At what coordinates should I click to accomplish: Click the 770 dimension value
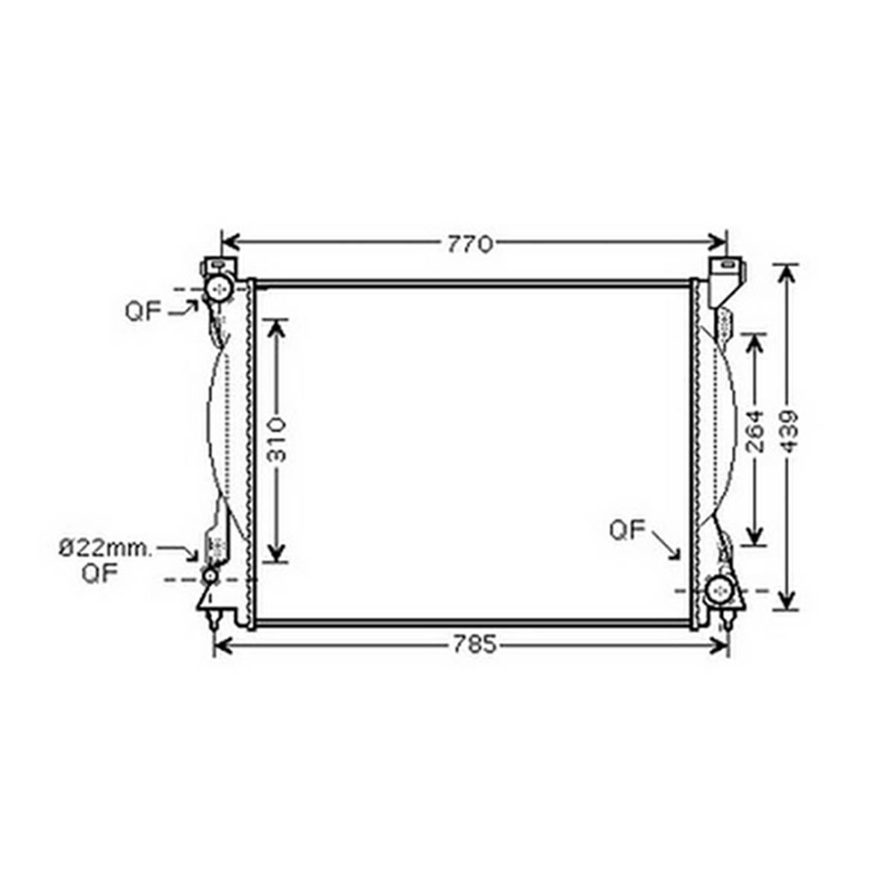pyautogui.click(x=470, y=245)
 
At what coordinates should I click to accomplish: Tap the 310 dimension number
pyautogui.click(x=277, y=439)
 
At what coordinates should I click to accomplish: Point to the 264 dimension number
pyautogui.click(x=755, y=431)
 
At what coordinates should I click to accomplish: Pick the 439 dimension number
pyautogui.click(x=789, y=431)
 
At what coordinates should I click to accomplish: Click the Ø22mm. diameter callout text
pyautogui.click(x=106, y=548)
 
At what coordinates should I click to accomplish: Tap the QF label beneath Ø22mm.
pyautogui.click(x=99, y=574)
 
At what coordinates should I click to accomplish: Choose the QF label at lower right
pyautogui.click(x=627, y=531)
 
